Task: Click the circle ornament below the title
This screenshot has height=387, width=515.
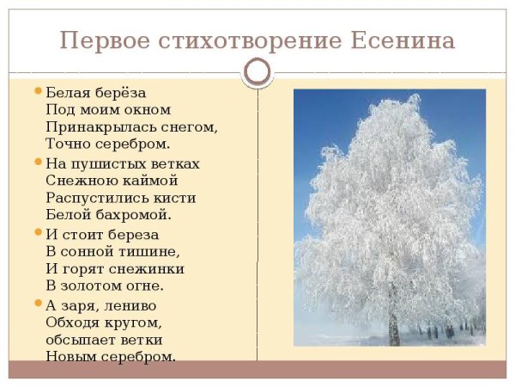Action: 257,71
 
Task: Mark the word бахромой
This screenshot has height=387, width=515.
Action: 126,214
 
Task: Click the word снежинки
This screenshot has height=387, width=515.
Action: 148,268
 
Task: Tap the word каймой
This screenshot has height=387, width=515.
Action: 149,180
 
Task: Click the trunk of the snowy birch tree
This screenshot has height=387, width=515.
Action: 394,325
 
